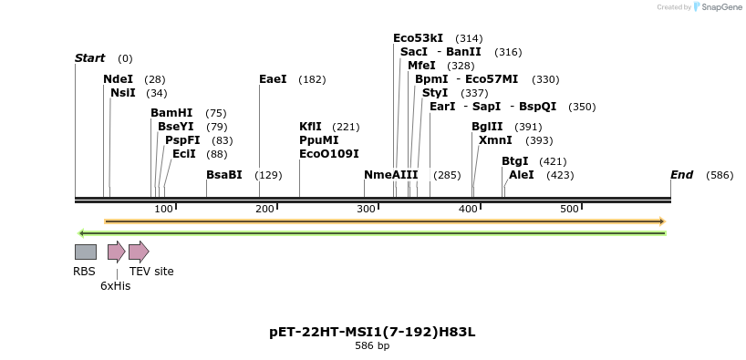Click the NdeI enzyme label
coord(118,79)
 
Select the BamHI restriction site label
coord(171,113)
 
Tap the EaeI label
coord(273,79)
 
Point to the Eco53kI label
coord(418,38)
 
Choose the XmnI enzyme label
coord(495,140)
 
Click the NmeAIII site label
coord(390,175)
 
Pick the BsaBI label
coord(224,175)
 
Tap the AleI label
coord(522,175)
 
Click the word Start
coord(89,58)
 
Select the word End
coord(681,175)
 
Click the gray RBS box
coord(85,252)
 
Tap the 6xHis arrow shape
coord(116,252)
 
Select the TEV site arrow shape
coord(139,252)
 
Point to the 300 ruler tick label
coord(367,209)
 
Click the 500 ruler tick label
coord(570,209)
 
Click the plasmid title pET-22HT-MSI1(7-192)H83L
coord(372,332)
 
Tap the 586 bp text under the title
coord(372,346)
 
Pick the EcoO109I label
coord(329,154)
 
